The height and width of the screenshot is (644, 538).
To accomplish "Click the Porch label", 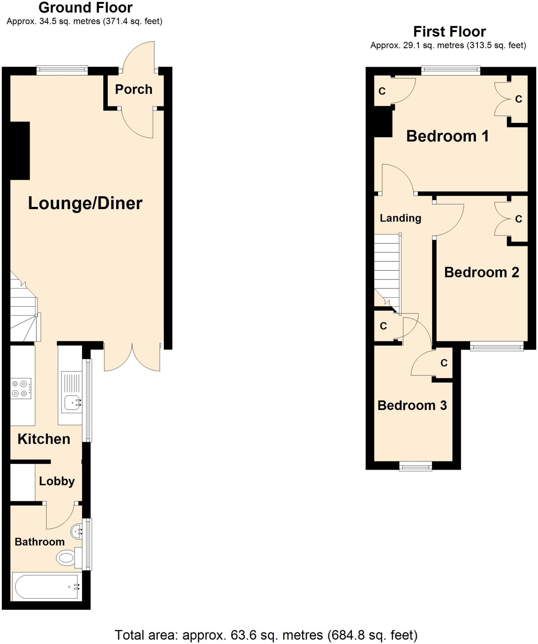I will [133, 90].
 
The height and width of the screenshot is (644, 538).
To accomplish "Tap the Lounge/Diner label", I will [85, 203].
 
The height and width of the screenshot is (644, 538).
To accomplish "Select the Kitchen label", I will [44, 439].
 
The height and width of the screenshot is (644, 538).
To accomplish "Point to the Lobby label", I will [57, 481].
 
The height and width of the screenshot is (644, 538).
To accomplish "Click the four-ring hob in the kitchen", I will [21, 388].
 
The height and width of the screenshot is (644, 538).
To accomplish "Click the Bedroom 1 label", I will [447, 136].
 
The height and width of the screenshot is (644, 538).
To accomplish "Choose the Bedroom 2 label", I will [481, 272].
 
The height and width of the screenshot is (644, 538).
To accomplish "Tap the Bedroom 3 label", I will [412, 405].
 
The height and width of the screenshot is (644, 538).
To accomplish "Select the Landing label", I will [400, 218].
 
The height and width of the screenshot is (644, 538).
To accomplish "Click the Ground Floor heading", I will [85, 8].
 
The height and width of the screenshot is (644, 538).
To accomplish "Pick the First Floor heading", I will [449, 31].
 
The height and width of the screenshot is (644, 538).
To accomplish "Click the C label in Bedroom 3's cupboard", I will [444, 363].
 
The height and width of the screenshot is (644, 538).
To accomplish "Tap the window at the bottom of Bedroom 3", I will [416, 466].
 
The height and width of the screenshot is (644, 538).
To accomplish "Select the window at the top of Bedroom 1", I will [450, 70].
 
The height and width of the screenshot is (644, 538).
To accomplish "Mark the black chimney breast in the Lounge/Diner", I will [20, 151].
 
